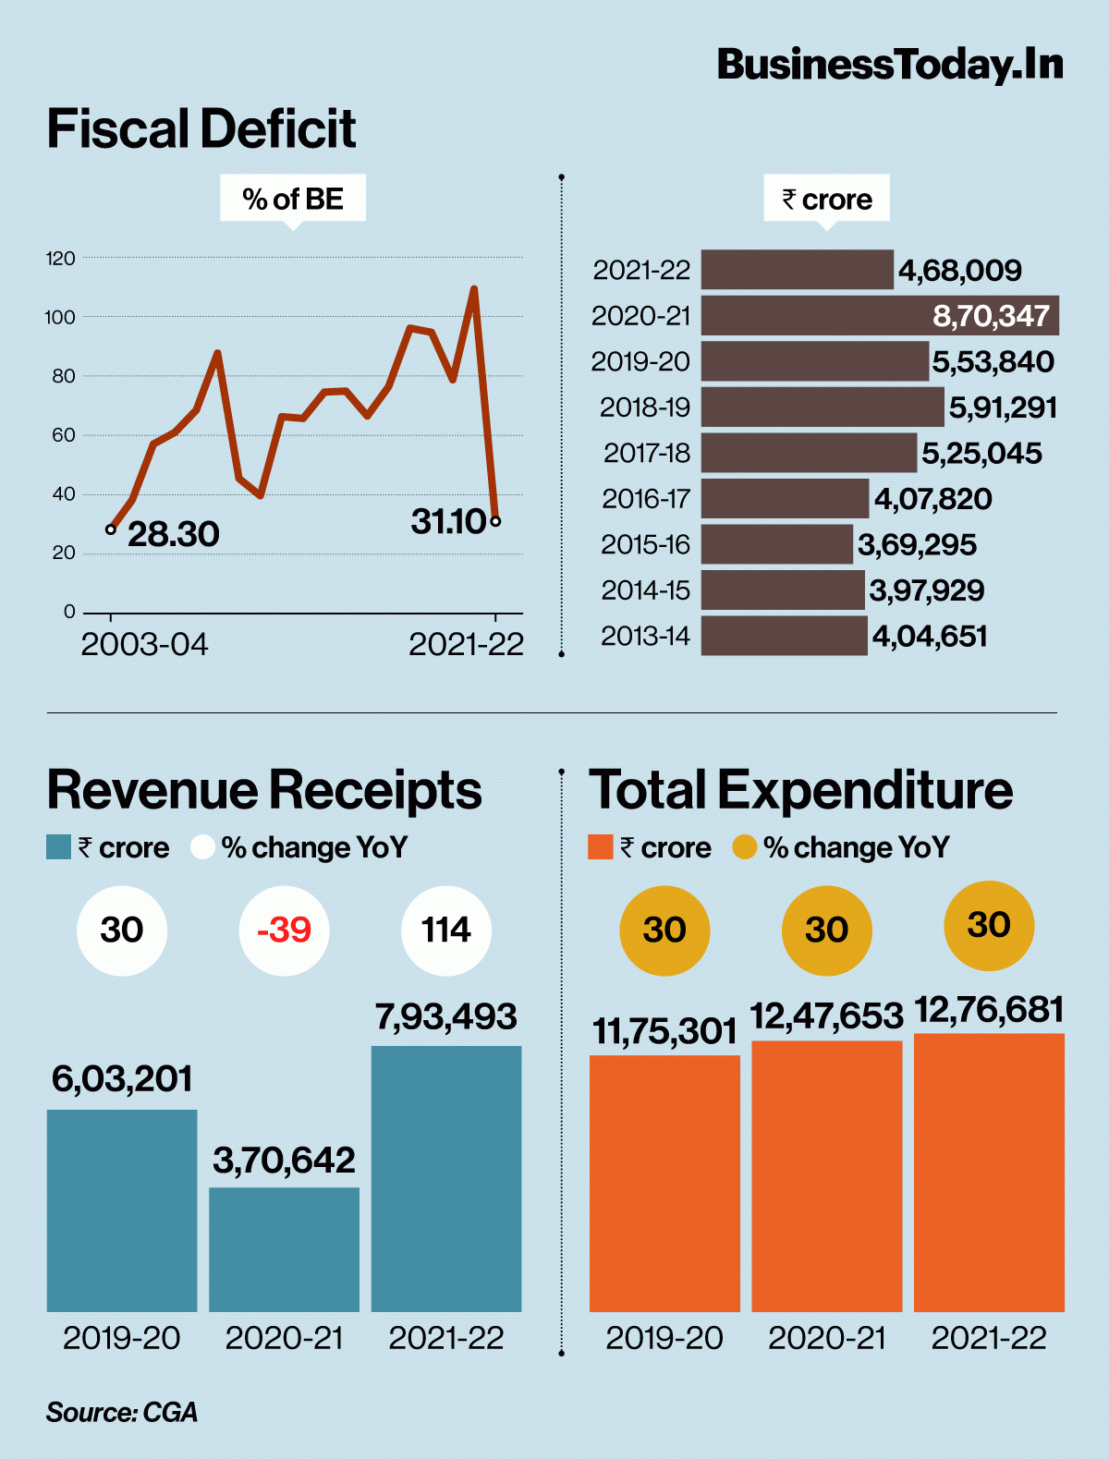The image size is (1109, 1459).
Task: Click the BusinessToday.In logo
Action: [x=890, y=65]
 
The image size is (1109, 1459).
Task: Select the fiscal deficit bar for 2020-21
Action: [x=880, y=315]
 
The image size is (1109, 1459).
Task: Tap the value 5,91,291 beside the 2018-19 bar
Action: [x=1003, y=407]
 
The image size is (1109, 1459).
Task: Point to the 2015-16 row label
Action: [x=646, y=544]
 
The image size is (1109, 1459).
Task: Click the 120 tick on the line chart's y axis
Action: [x=60, y=258]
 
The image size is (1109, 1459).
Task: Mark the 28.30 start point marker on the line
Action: [x=111, y=529]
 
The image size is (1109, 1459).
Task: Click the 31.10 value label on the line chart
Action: [x=449, y=521]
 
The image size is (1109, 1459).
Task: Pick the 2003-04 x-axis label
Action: [x=144, y=644]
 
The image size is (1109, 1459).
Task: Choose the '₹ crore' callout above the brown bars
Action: [x=826, y=200]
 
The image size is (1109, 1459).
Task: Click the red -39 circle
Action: [x=284, y=930]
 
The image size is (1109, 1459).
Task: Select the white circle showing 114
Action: [x=446, y=930]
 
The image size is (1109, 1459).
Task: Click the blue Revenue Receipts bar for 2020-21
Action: [x=284, y=1249]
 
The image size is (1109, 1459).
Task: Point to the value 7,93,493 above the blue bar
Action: [x=446, y=1016]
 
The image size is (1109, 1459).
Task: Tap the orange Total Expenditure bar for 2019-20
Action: [x=664, y=1184]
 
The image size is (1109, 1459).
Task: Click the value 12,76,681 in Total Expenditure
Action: [x=990, y=1010]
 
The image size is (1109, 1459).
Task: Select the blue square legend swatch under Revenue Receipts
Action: [x=58, y=847]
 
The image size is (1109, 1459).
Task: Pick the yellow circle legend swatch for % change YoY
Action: [x=745, y=847]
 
